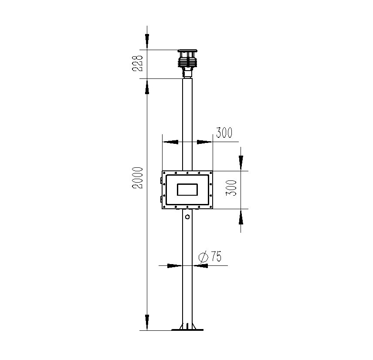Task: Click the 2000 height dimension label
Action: (x=138, y=178)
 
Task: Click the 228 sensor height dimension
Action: (x=138, y=63)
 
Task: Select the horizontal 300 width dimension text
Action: (x=224, y=133)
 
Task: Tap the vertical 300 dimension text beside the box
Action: (x=231, y=188)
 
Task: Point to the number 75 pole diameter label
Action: (x=216, y=256)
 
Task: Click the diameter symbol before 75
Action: (x=203, y=257)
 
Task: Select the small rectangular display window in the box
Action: (x=187, y=190)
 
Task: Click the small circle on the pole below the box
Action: (x=187, y=217)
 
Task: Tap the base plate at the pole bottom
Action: (x=187, y=330)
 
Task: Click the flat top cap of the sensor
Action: (x=187, y=51)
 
